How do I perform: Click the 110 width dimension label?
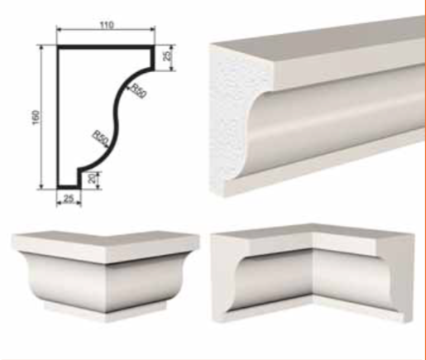coord(107,25)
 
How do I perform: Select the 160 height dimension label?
coord(36,118)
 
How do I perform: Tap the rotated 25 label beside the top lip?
coord(168,55)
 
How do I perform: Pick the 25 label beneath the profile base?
coord(69,199)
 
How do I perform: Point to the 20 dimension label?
coord(93,178)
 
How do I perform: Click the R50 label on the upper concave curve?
coord(138,91)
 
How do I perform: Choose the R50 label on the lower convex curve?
coord(100,138)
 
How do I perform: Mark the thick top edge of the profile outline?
coord(106,47)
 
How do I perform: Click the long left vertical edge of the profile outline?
coord(59,118)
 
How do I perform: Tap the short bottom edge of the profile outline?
coord(69,187)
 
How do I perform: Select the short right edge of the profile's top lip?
coord(152,57)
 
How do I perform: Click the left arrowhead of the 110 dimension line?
coord(59,29)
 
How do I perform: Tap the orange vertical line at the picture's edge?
coord(425,180)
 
